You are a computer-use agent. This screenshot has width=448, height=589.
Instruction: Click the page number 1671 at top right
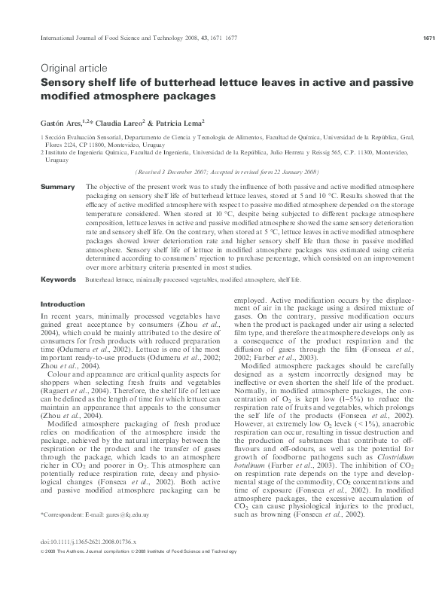click(425, 38)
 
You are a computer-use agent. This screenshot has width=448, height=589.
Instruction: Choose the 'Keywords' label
click(57, 279)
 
